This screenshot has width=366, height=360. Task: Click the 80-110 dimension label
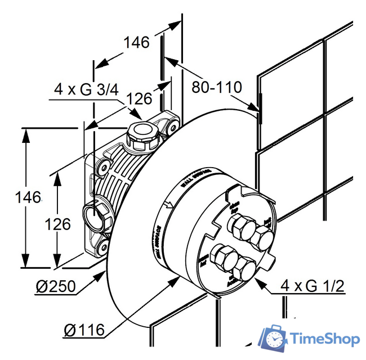tap(216, 87)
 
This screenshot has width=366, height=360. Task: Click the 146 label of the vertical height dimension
tap(28, 197)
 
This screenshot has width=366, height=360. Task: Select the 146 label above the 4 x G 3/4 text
tap(136, 42)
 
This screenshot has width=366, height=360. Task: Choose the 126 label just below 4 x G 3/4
tap(139, 99)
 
